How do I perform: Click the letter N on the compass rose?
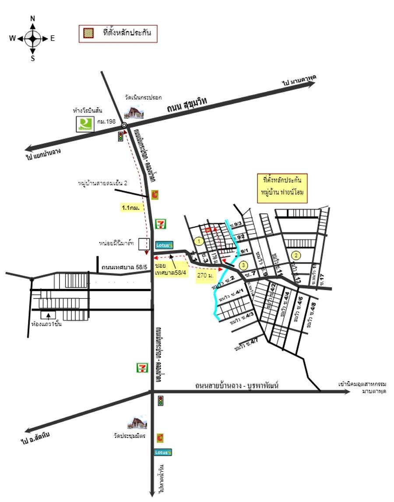coord(33,18)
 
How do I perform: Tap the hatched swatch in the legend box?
coord(88,33)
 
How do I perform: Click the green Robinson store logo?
coord(85,124)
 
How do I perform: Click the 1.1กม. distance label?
coord(133,208)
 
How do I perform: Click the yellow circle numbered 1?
coord(199,241)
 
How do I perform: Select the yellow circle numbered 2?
coord(296,256)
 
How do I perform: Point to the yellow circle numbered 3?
coord(244,264)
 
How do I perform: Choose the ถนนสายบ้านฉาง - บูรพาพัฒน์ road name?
coord(237,385)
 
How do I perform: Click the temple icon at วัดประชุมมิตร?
coord(134,423)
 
